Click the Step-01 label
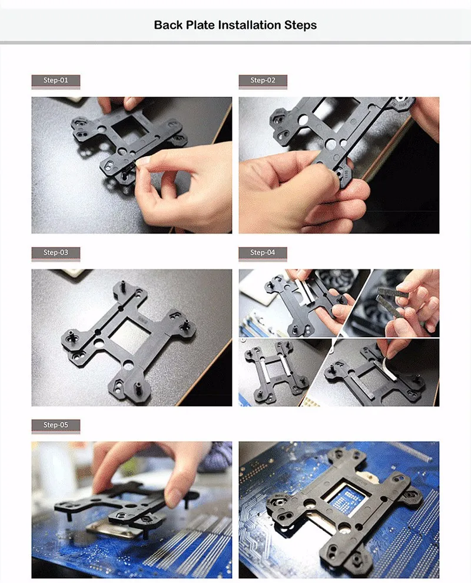click(56, 80)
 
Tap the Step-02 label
click(263, 80)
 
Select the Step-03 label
click(56, 252)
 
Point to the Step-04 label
click(263, 252)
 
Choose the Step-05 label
click(56, 425)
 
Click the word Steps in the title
click(300, 25)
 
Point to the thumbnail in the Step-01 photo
click(142, 161)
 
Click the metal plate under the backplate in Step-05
click(115, 529)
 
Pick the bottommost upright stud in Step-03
click(138, 389)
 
